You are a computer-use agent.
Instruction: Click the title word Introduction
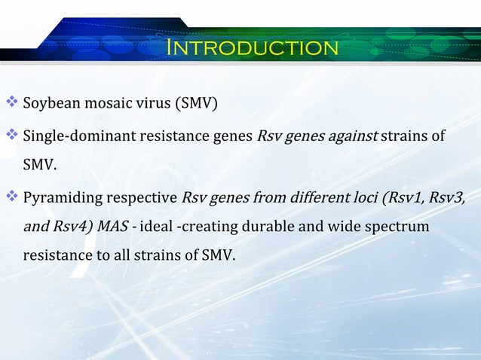[253, 49]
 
